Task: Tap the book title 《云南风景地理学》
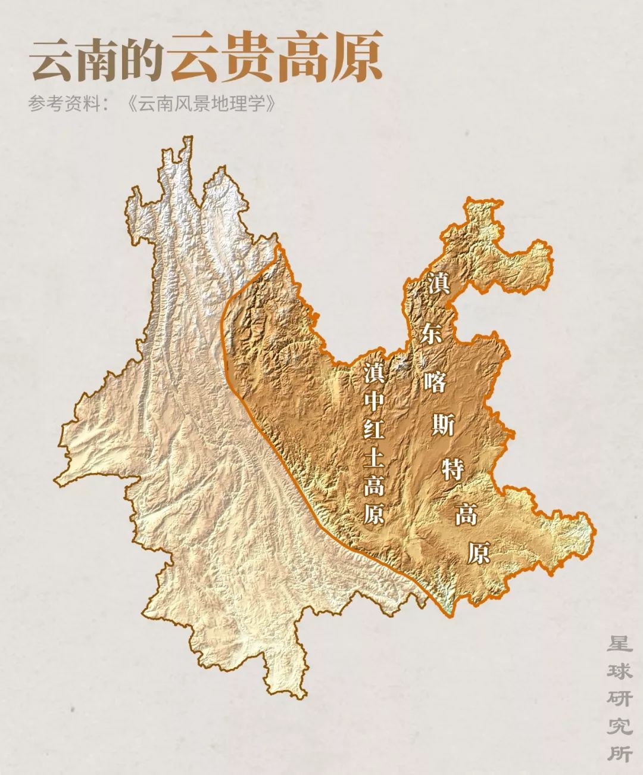[x=202, y=104]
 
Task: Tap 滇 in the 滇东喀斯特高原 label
[x=438, y=284]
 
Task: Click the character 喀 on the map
[x=435, y=381]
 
